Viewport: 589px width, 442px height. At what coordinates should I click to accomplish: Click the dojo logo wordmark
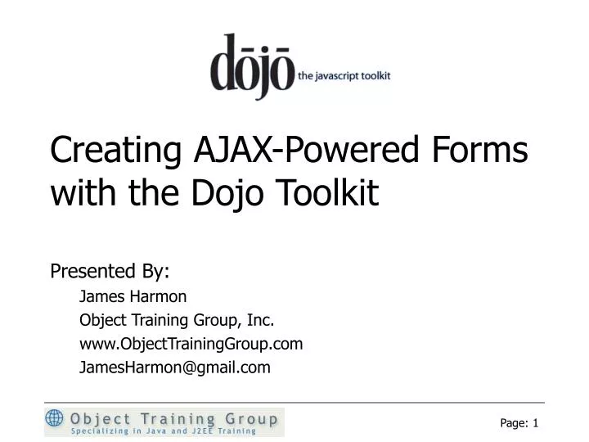tap(252, 68)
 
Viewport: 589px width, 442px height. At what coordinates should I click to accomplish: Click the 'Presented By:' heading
tap(110, 271)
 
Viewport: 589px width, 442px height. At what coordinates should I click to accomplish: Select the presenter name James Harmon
tap(133, 295)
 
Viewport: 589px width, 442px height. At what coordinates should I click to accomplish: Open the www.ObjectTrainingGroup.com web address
tap(191, 344)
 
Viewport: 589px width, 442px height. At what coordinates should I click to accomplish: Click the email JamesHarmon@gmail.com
tap(174, 368)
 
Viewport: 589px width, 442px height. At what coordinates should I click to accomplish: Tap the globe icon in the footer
tap(55, 419)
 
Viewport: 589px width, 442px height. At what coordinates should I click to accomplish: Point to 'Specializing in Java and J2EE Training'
tap(164, 431)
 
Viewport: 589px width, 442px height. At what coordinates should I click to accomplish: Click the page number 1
tap(535, 422)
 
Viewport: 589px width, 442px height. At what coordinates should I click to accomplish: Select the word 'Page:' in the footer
tap(514, 422)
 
